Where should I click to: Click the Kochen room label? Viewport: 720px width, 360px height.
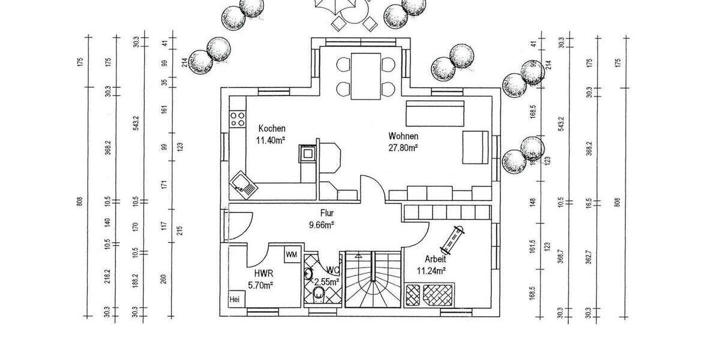coord(272,128)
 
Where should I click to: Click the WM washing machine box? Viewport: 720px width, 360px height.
coord(292,254)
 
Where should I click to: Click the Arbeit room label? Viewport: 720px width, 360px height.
coord(435,259)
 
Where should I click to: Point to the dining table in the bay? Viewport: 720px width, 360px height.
coord(367,76)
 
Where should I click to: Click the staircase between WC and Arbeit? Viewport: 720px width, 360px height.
coord(373,280)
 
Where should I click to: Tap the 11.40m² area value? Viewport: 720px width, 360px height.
coord(271,140)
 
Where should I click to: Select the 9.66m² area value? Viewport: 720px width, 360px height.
coord(321,225)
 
